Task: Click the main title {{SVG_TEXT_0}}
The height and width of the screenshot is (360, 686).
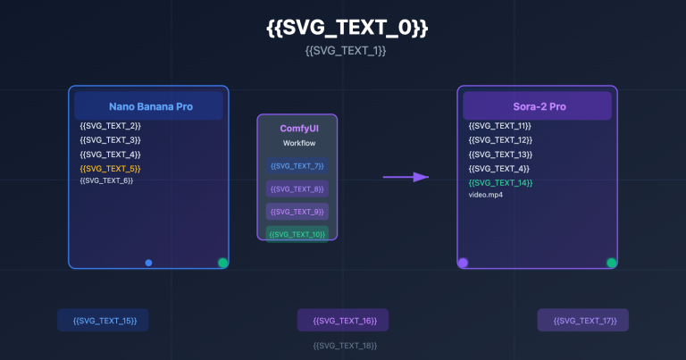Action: tap(347, 28)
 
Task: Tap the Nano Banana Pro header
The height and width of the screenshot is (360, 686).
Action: tap(148, 106)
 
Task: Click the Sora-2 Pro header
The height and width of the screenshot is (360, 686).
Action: tap(537, 106)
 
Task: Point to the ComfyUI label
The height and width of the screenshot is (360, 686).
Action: tap(297, 129)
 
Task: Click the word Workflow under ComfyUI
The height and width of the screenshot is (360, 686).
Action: tap(297, 143)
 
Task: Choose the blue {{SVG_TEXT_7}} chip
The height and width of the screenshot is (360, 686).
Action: tap(297, 165)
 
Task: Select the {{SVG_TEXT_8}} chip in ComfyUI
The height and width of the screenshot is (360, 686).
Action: tap(297, 188)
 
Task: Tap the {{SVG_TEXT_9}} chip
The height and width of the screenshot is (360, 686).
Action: tap(297, 212)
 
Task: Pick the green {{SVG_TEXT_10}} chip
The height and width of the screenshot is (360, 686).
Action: tap(297, 234)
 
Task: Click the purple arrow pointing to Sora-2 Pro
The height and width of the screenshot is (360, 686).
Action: tap(406, 177)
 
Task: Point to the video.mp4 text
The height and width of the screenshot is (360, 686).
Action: tap(486, 195)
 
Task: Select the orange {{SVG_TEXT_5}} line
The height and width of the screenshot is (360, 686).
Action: tap(111, 168)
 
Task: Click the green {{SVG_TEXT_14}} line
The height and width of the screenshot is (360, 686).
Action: tap(500, 182)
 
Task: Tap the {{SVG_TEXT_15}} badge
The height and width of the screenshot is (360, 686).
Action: tap(104, 320)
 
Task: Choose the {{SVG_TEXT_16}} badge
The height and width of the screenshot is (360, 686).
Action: tap(344, 320)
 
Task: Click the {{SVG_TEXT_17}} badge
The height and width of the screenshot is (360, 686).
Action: tap(583, 320)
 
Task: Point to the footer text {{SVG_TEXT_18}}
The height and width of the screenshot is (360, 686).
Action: tap(345, 345)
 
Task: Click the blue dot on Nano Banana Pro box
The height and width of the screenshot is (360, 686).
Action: tap(148, 263)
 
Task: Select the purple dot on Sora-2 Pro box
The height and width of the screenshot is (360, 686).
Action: tap(463, 263)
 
